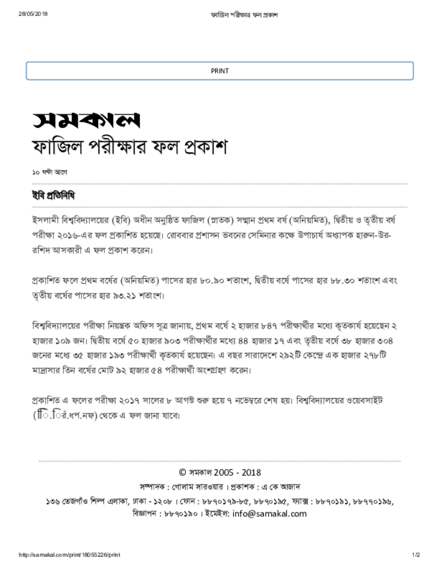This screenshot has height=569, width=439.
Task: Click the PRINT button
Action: coord(220,71)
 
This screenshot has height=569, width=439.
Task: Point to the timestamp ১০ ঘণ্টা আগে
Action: coord(50,173)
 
